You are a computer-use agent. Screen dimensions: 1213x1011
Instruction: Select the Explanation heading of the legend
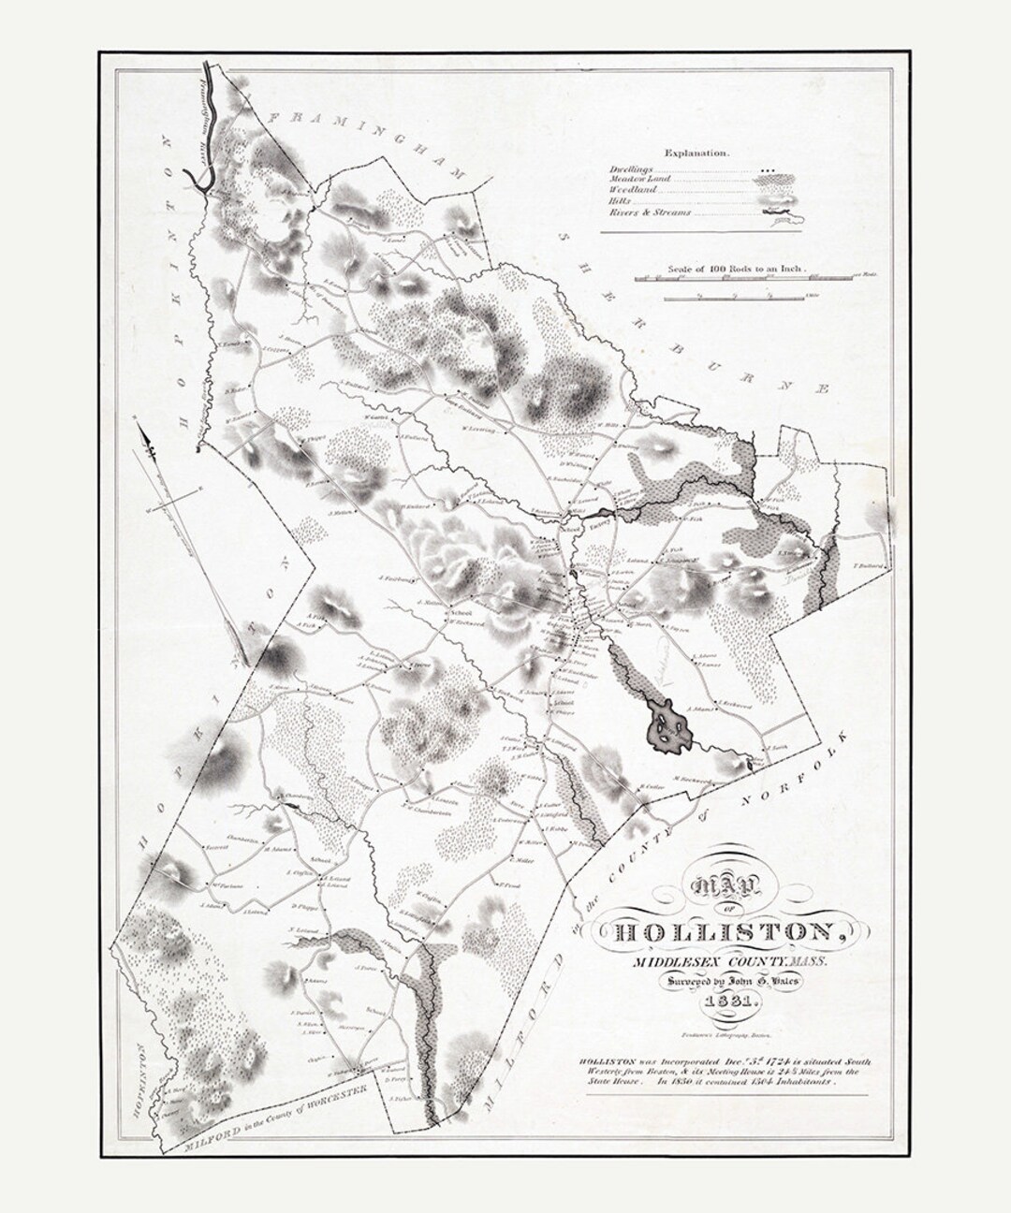tap(697, 151)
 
